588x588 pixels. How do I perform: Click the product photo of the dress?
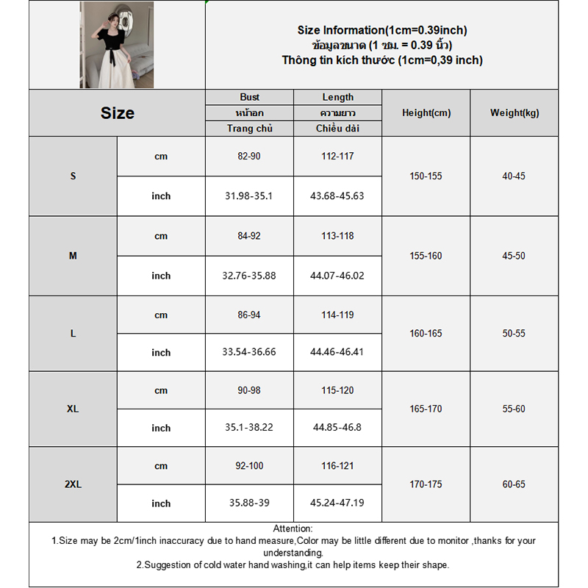click(117, 45)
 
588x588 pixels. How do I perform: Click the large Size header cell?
click(118, 113)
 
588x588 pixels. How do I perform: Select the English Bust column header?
click(250, 97)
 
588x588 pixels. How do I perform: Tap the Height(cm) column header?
click(426, 113)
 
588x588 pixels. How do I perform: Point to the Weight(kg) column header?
click(514, 113)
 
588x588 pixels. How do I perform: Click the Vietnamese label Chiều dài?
click(338, 129)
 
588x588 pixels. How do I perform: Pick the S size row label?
click(73, 176)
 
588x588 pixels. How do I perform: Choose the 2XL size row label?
click(73, 485)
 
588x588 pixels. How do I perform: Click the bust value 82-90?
click(250, 157)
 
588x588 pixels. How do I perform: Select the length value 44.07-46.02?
click(338, 276)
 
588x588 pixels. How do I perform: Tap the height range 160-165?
click(426, 334)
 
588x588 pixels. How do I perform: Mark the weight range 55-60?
click(514, 409)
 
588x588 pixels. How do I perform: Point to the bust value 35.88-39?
click(250, 503)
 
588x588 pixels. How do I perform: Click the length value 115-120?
click(338, 390)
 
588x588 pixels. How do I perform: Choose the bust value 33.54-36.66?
click(250, 352)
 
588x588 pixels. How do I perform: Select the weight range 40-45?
click(514, 176)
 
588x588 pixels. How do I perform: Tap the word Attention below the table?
click(293, 528)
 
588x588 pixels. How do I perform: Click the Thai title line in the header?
click(382, 46)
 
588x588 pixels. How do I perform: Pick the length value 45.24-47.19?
click(338, 503)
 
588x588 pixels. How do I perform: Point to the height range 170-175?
click(426, 485)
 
